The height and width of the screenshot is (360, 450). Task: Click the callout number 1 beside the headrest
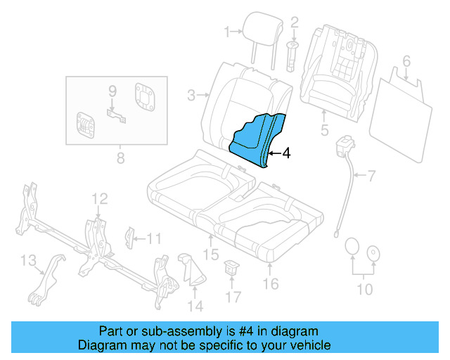tap(227, 31)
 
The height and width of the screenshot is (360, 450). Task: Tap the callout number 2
tap(295, 24)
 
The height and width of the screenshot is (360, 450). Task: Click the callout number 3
tap(191, 94)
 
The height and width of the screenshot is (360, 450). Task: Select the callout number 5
tap(324, 129)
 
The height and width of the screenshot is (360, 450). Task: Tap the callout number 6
tap(406, 61)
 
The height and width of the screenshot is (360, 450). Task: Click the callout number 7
tap(372, 174)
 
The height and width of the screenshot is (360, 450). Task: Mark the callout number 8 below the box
tap(120, 157)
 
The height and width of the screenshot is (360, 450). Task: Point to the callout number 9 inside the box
tap(112, 91)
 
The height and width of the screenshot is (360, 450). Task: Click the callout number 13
tap(27, 262)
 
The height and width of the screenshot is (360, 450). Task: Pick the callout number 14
tap(195, 305)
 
